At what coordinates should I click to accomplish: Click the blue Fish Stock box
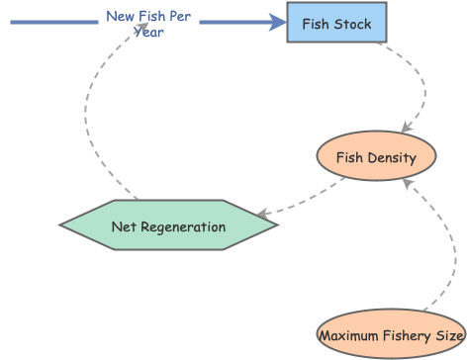click(x=336, y=23)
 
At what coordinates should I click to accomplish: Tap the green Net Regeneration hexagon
click(x=168, y=225)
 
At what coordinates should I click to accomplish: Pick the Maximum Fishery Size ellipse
click(x=391, y=335)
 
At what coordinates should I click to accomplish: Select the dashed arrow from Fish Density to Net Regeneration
click(x=302, y=203)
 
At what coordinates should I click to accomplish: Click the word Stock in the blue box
click(x=352, y=23)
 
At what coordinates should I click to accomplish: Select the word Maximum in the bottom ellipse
click(x=349, y=336)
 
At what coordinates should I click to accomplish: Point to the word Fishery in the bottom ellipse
click(x=405, y=336)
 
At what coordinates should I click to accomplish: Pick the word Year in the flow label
click(x=148, y=32)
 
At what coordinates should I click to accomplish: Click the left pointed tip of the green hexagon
click(x=62, y=225)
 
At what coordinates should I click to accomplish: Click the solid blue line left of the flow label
click(x=54, y=18)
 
